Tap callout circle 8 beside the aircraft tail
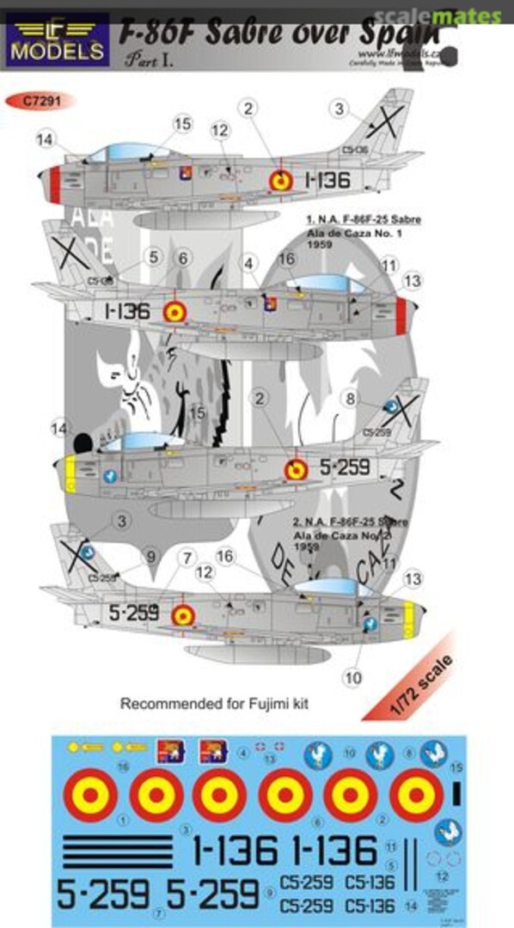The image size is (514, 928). coord(349,398)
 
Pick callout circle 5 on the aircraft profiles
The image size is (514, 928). coord(154,256)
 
